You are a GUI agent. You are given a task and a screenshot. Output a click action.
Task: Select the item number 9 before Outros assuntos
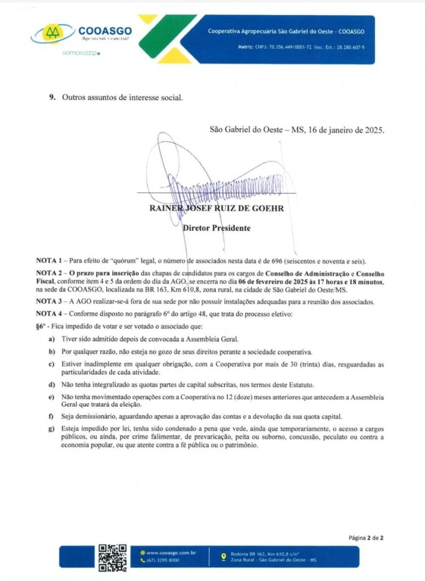click(x=52, y=98)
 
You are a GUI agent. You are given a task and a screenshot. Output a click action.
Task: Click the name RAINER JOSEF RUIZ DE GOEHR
click(x=217, y=209)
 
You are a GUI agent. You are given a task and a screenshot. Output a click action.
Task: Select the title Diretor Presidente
click(x=216, y=228)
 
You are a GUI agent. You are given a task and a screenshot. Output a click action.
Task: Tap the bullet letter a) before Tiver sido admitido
click(x=52, y=339)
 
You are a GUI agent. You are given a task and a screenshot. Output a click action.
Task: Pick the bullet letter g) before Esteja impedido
click(x=52, y=428)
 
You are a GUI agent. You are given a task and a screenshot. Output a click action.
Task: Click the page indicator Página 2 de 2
click(x=366, y=537)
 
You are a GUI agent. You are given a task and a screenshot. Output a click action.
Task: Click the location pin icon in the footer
click(x=223, y=557)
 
